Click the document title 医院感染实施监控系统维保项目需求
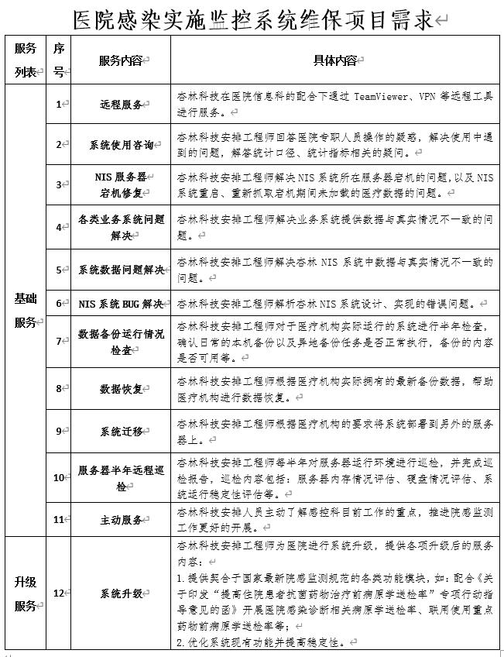click(252, 19)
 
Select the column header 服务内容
click(122, 60)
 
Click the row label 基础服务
click(26, 310)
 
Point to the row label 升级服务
click(26, 593)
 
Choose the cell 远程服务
click(122, 104)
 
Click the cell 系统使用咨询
click(122, 144)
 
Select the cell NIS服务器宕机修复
click(122, 184)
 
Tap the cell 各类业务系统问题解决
click(122, 227)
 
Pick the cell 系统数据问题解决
click(122, 270)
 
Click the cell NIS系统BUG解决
click(122, 304)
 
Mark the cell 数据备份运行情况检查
click(122, 342)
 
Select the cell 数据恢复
click(122, 388)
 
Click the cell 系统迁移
click(122, 431)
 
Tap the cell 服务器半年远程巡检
click(122, 478)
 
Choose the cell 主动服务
click(122, 519)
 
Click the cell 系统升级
click(122, 593)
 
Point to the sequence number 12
click(59, 593)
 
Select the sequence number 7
click(59, 342)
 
